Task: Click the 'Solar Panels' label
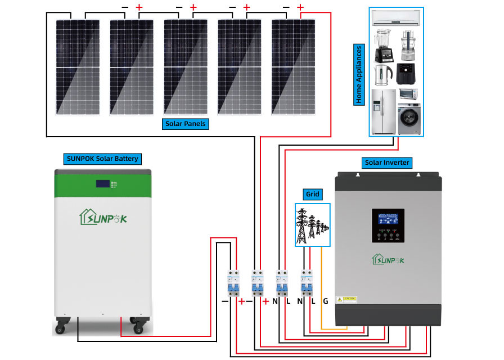click(186, 124)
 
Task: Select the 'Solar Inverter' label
click(386, 163)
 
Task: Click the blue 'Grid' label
click(312, 195)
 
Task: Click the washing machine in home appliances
click(408, 119)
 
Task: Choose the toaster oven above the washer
click(408, 94)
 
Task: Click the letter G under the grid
click(325, 301)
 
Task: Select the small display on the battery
click(103, 183)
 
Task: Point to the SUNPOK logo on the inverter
click(388, 259)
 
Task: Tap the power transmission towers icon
click(313, 226)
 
